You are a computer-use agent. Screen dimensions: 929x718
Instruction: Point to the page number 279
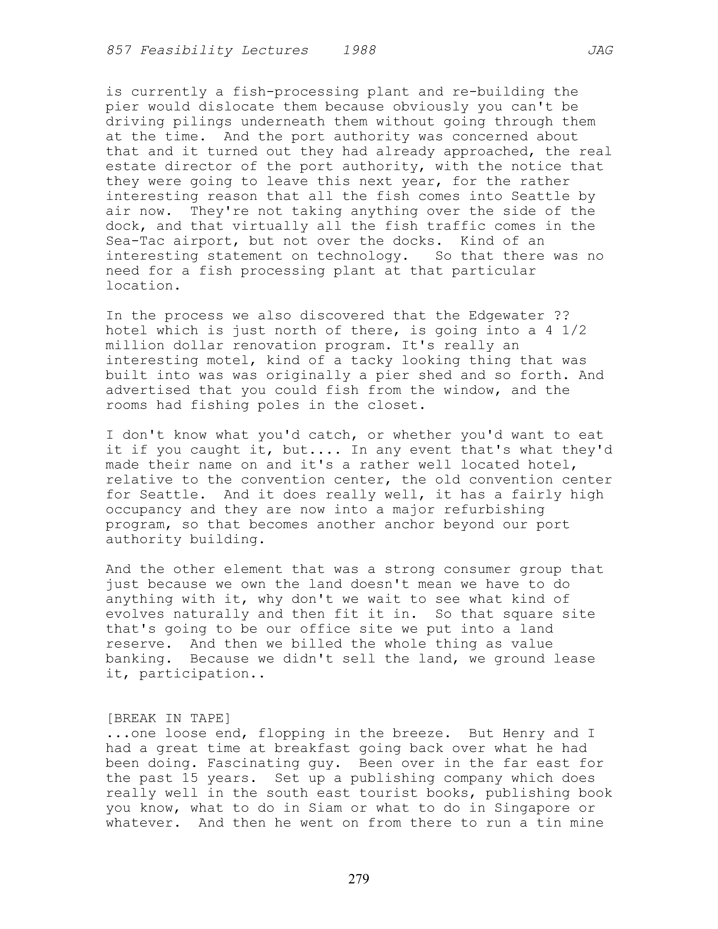359,878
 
